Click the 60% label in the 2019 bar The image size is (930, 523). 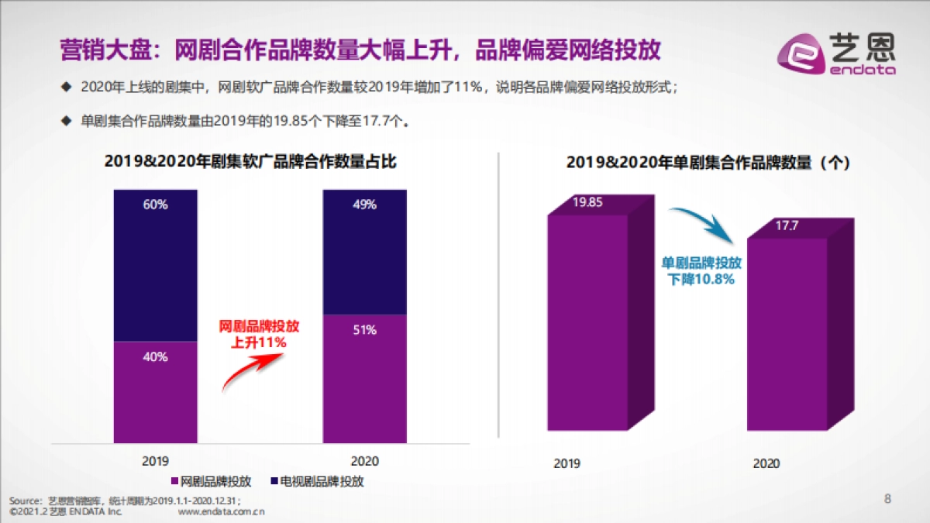[155, 205]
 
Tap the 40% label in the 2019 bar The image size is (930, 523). [155, 357]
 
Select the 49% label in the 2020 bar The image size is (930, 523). [364, 205]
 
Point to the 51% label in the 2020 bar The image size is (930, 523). [364, 330]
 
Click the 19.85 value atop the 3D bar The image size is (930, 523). [587, 203]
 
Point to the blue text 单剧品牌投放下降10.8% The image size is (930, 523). [701, 270]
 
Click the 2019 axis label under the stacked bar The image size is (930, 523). [155, 460]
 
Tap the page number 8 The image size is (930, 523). [888, 498]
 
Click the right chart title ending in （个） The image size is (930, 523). [708, 163]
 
